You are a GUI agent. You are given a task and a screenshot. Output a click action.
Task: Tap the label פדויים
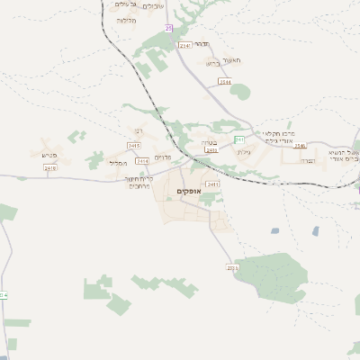pyautogui.click(x=162, y=158)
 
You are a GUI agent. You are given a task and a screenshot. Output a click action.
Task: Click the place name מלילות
pyautogui.click(x=126, y=20)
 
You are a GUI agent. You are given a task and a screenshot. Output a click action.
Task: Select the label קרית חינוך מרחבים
pyautogui.click(x=162, y=182)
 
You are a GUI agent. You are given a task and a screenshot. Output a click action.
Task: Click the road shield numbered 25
pyautogui.click(x=168, y=29)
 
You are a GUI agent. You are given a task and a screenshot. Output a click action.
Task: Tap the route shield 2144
pyautogui.click(x=224, y=82)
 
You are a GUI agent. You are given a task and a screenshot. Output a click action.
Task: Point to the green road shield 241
pyautogui.click(x=239, y=140)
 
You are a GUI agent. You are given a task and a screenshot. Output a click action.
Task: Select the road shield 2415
pyautogui.click(x=134, y=145)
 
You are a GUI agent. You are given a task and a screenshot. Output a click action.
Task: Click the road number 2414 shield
pyautogui.click(x=141, y=160)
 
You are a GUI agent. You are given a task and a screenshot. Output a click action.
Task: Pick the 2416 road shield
pyautogui.click(x=49, y=167)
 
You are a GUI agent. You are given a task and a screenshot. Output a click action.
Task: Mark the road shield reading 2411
pyautogui.click(x=212, y=184)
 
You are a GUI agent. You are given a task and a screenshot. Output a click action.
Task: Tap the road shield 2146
pyautogui.click(x=301, y=146)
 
